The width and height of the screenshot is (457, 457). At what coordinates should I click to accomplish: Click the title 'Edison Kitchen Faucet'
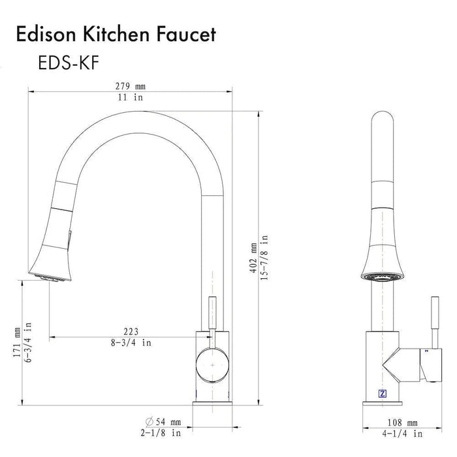tap(116, 35)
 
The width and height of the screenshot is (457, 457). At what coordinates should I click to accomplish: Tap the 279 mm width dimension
tap(131, 86)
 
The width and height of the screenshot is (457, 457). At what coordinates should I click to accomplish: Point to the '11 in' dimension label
tap(131, 97)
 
